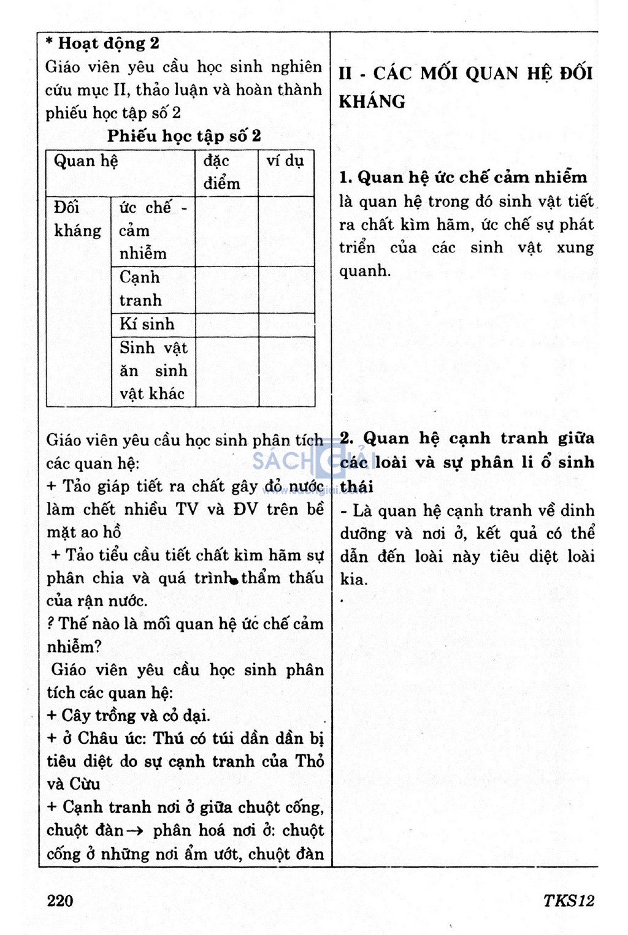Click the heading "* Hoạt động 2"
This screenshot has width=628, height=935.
tap(102, 44)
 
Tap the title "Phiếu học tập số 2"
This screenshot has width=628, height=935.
tap(184, 136)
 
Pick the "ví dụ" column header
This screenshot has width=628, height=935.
tap(285, 161)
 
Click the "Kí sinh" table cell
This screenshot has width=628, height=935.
tap(147, 324)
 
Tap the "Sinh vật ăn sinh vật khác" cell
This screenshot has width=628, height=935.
tap(153, 371)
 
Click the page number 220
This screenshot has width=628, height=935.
tap(59, 900)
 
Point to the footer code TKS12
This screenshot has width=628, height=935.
tap(569, 900)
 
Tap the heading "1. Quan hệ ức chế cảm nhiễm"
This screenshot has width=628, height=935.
tap(463, 178)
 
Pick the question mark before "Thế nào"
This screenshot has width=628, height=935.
tap(51, 624)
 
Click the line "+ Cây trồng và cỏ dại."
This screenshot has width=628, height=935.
tap(128, 716)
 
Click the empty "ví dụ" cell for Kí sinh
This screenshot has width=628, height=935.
tap(286, 324)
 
